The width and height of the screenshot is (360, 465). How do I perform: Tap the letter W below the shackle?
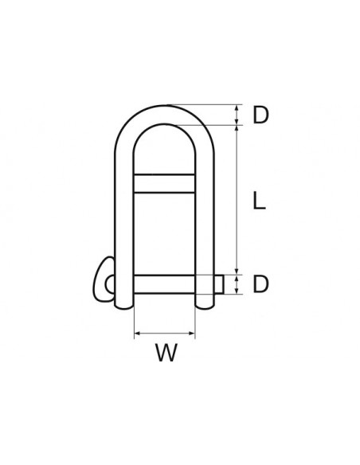point(166,352)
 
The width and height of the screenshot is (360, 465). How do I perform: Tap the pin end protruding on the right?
point(217,283)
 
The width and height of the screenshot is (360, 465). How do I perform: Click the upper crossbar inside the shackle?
point(165,183)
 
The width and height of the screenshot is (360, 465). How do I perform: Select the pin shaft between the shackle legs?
point(165,283)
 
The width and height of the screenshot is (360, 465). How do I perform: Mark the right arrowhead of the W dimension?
point(193,331)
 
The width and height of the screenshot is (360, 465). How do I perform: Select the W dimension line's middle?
point(165,331)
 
